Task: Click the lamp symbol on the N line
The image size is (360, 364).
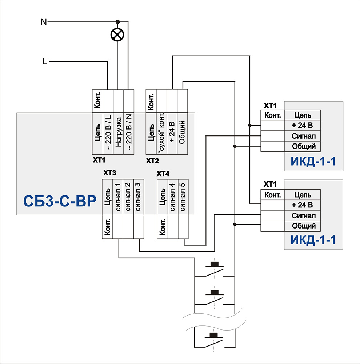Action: pos(117,35)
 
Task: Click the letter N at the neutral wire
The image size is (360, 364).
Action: pos(44,22)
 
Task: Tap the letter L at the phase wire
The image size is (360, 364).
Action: pos(45,62)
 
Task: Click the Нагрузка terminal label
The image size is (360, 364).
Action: pos(118,134)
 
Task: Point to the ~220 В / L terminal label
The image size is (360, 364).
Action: pos(108,134)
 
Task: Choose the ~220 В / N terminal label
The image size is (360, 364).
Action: pos(129,134)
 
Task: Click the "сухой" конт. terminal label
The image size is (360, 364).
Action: pos(162,134)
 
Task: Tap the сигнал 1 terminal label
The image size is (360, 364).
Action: pos(118,197)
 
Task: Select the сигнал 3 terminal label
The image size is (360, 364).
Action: pos(139,197)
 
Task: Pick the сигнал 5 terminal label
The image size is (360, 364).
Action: pos(183,197)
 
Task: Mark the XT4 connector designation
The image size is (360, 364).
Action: pos(163,174)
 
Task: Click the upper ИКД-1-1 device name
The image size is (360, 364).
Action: pos(313,161)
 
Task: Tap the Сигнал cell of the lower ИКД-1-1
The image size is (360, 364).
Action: pos(303,215)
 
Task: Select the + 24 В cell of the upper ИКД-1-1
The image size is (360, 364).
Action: pos(303,126)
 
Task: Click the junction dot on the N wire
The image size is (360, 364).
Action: pos(117,22)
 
